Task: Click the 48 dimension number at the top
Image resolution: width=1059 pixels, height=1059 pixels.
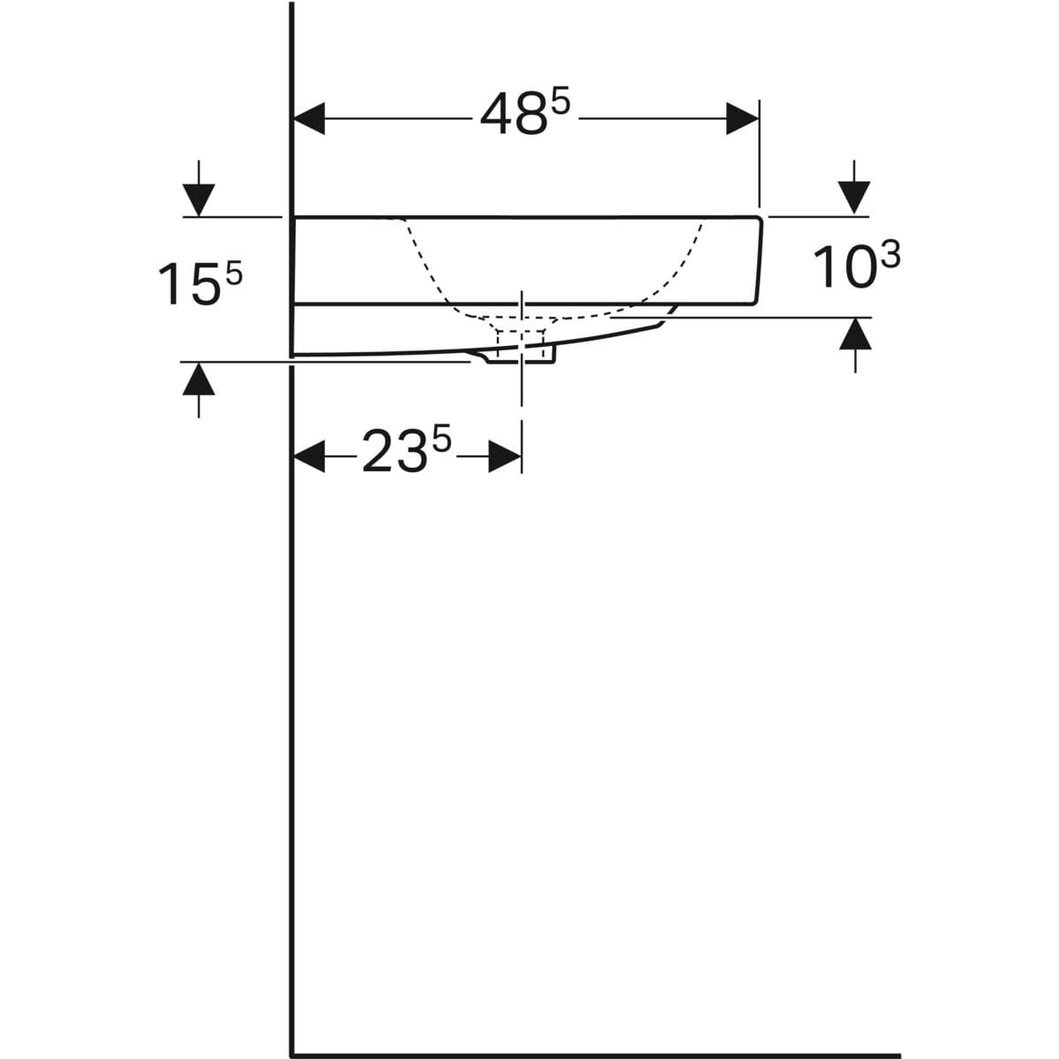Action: point(514,115)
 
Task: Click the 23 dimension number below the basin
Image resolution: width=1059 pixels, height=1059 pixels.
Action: point(394,452)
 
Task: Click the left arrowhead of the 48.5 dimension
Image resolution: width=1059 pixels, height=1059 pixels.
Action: point(310,118)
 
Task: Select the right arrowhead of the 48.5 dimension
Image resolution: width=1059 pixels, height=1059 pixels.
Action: point(742,118)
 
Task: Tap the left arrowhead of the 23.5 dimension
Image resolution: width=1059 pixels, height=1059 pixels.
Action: point(310,455)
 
